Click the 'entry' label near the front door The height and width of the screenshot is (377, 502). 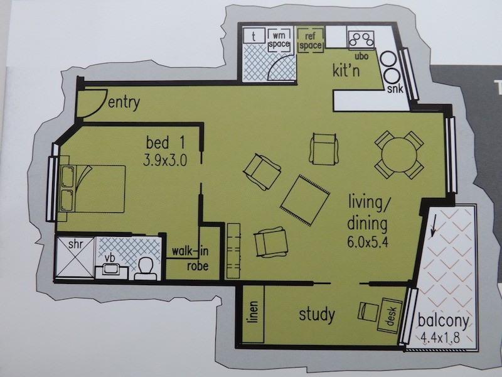pos(124,102)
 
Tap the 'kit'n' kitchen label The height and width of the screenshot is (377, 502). pos(346,70)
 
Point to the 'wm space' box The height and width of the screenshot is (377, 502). pos(279,40)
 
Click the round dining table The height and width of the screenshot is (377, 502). pos(399,155)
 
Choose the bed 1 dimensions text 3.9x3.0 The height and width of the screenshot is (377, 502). pos(165,160)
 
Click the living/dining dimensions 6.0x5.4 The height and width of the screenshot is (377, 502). pos(368,243)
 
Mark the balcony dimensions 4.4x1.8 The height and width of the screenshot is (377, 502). pos(441,337)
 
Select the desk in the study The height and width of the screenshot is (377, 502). pos(390,315)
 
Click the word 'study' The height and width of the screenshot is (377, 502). pos(317,315)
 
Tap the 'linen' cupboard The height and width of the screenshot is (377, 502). pos(253,314)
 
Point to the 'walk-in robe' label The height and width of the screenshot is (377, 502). pos(191,258)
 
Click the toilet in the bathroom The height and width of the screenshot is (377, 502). pos(146,269)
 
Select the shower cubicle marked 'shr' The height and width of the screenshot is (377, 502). pos(75,256)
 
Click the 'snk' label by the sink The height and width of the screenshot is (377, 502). pos(395,89)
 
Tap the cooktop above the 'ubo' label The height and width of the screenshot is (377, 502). pos(362,40)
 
